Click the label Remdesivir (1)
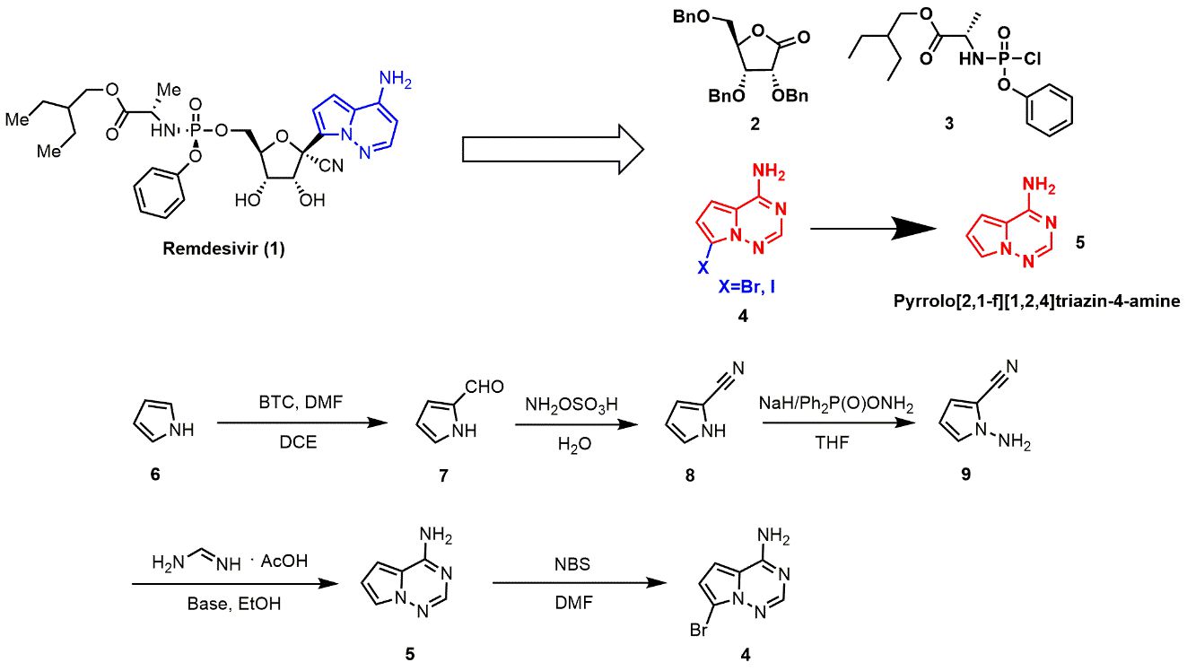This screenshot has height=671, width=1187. click(x=223, y=249)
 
